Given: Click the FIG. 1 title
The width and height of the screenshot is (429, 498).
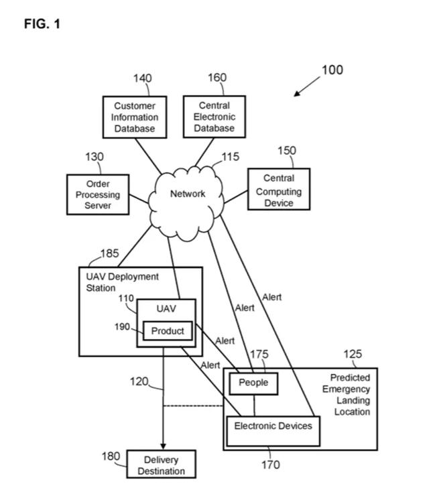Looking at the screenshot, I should click(x=42, y=24).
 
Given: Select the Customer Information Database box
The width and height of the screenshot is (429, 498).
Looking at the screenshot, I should click(x=134, y=117).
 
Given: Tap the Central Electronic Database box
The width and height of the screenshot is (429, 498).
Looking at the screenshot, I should click(x=214, y=117).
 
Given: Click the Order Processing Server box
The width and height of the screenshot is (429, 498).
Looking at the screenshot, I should click(x=98, y=194).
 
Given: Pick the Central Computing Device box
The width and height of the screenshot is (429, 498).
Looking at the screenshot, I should click(x=279, y=190).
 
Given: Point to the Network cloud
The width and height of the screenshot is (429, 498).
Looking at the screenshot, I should click(x=187, y=194).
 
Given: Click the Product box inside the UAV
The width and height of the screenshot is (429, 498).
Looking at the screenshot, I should click(x=168, y=331).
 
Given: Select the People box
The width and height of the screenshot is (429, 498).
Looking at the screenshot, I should click(x=253, y=383).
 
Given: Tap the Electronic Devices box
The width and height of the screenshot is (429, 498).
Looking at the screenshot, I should click(x=273, y=426).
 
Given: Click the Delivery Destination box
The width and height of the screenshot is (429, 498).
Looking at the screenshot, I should click(x=161, y=465).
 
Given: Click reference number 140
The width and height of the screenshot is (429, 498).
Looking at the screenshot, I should click(x=142, y=78).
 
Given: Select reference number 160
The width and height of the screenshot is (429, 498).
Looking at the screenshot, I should click(x=217, y=78).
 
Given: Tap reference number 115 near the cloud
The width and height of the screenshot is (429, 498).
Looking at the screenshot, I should click(x=231, y=156).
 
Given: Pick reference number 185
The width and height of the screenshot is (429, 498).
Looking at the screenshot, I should click(x=110, y=253).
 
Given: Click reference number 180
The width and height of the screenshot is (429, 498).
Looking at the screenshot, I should click(x=111, y=456).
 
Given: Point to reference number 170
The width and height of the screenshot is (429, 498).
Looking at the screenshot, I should click(x=271, y=464).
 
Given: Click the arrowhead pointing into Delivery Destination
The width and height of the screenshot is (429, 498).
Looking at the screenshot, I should click(x=163, y=446).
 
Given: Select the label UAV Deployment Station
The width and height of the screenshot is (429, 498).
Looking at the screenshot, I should click(x=123, y=282).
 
